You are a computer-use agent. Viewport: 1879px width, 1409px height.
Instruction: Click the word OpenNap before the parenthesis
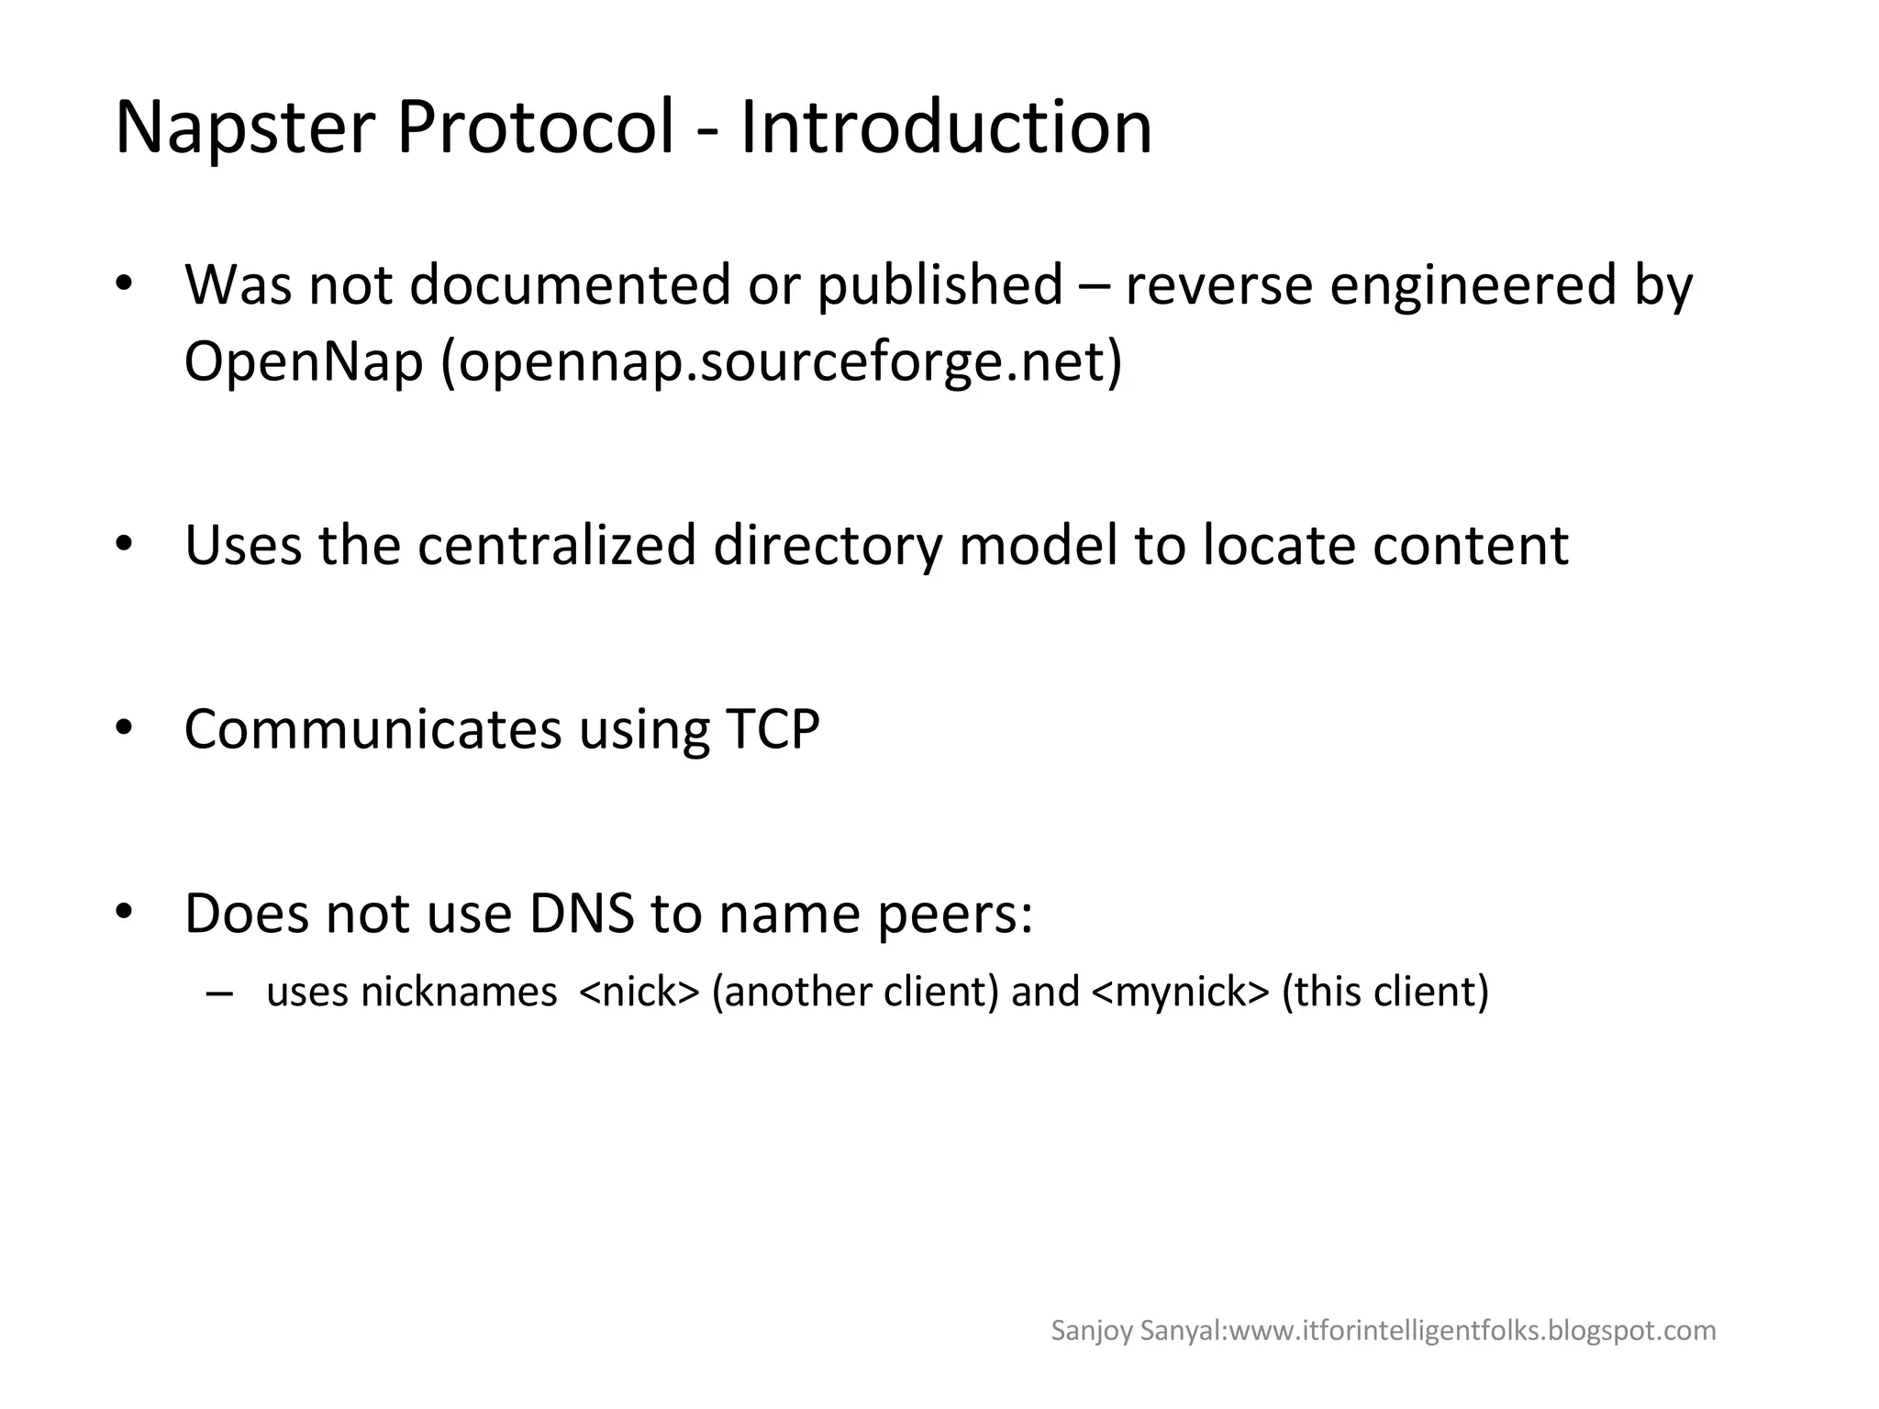(x=304, y=361)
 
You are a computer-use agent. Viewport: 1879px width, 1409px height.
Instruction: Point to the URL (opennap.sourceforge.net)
(x=782, y=361)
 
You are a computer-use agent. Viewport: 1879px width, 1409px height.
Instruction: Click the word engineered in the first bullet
(x=1473, y=286)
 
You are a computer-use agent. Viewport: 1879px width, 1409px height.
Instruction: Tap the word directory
(x=828, y=547)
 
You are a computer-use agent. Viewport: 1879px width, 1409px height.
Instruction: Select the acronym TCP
(x=773, y=730)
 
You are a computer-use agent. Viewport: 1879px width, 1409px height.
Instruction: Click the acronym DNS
(x=582, y=914)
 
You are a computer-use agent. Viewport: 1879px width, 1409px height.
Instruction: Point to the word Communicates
(x=372, y=730)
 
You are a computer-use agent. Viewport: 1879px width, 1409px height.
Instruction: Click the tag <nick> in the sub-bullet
(x=639, y=992)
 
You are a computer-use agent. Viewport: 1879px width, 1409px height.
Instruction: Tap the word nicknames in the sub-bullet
(x=459, y=992)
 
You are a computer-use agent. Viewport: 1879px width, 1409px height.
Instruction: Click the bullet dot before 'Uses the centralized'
(x=126, y=545)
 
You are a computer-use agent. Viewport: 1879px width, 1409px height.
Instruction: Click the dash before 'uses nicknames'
(x=219, y=993)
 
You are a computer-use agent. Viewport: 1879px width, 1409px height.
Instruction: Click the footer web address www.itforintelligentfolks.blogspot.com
(x=1473, y=1330)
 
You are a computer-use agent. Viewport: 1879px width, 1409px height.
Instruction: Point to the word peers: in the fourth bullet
(x=955, y=915)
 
